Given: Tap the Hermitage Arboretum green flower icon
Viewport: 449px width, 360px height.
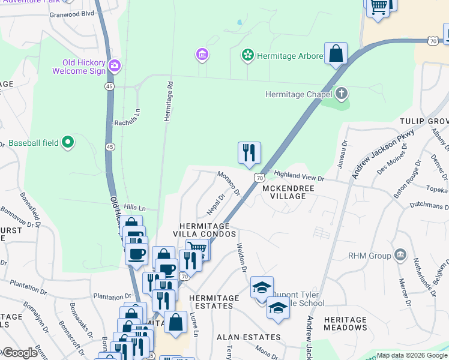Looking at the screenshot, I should tap(246, 56).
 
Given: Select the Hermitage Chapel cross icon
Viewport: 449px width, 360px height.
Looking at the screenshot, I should tap(341, 94).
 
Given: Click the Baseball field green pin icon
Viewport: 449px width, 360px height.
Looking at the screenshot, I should tap(68, 142).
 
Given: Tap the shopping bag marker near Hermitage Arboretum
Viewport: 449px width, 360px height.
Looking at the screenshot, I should tap(336, 53).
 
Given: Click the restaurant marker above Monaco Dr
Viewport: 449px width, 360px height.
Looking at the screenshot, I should tap(249, 153).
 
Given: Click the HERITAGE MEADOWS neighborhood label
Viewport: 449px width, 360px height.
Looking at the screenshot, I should tap(345, 324).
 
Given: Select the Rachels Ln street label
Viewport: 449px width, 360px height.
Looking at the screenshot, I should tap(128, 116).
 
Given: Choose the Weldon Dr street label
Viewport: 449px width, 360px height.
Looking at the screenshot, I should tap(242, 256).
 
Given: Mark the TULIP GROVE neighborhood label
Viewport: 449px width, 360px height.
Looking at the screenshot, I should tap(424, 121).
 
